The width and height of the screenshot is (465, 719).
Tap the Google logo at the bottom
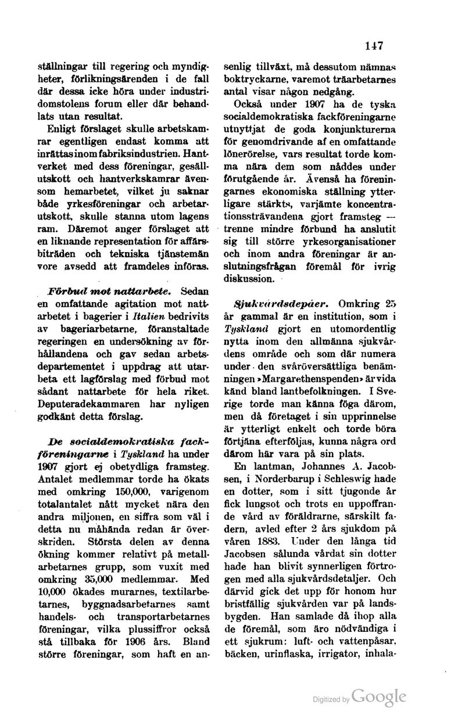378,696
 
